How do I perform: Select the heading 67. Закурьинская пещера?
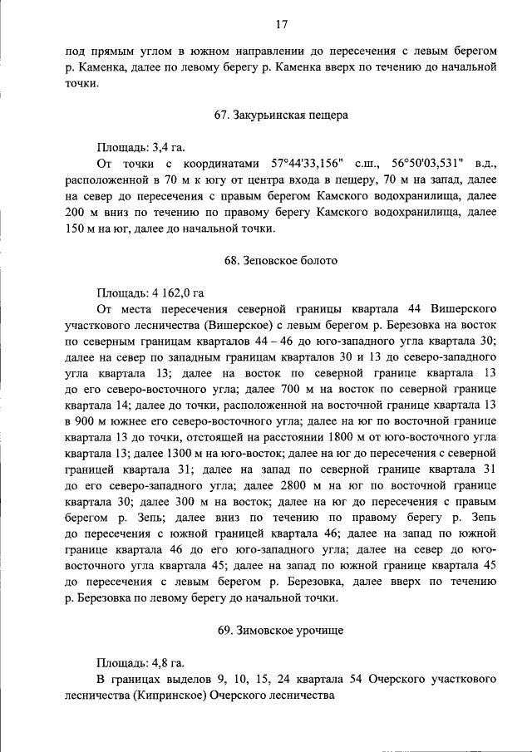(x=281, y=116)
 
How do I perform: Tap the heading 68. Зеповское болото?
(x=281, y=260)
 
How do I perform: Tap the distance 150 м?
(x=81, y=228)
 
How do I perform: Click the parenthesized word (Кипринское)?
(x=168, y=695)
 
